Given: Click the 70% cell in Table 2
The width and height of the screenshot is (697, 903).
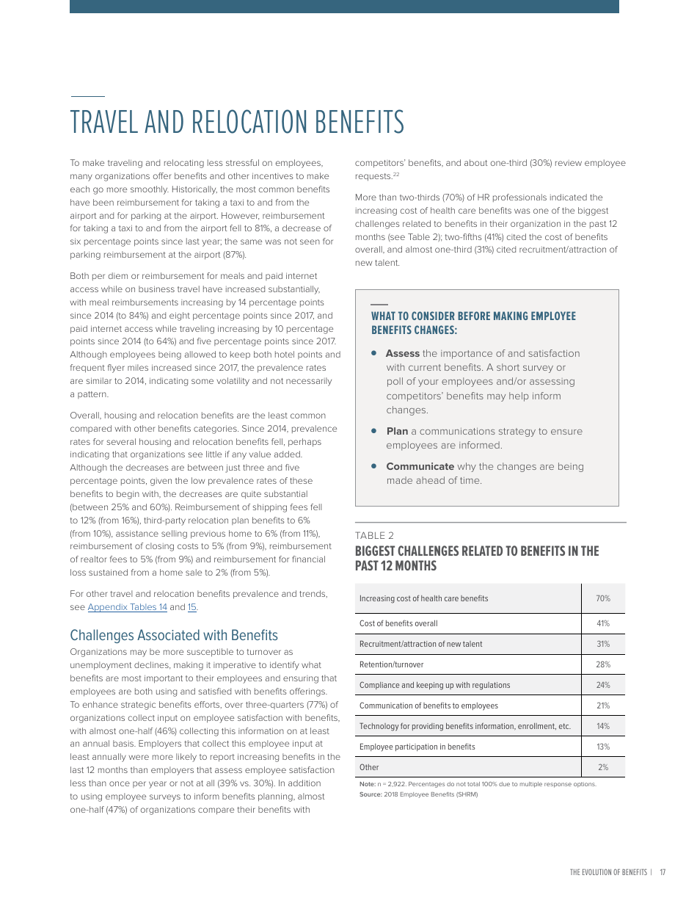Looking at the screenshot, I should coord(602,598).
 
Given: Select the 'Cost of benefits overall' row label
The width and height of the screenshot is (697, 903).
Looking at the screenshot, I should coord(398,623).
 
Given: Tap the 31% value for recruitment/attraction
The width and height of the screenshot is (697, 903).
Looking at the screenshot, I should coord(602,644).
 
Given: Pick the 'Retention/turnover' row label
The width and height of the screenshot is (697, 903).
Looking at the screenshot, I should coord(391,664).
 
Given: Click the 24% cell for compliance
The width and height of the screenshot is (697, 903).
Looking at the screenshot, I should coord(602,685).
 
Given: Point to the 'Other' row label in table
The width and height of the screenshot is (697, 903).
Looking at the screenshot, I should coord(369,767).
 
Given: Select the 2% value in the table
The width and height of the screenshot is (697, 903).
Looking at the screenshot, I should coord(603,767).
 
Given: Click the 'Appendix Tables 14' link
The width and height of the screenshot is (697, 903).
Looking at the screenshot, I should coord(127,607).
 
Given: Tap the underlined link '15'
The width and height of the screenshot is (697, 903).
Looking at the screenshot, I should coord(192,607).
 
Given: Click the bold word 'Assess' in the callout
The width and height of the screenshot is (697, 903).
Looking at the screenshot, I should coord(402,353).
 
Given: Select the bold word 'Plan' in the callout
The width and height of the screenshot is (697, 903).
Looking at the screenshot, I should coord(397,431).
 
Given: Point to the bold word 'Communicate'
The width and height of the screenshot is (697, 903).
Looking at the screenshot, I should coord(420,466).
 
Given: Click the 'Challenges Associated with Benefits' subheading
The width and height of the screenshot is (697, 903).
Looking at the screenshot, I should coord(174,635).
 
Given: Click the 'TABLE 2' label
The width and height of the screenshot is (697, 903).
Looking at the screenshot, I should coord(374,535).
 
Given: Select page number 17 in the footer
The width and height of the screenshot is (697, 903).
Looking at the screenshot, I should coord(663,872).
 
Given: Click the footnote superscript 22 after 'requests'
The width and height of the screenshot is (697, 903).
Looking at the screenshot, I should coord(396,175).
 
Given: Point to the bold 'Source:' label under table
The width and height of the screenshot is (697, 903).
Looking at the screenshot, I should coord(371,794).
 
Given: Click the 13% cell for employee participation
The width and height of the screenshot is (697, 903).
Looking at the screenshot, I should coord(602,747).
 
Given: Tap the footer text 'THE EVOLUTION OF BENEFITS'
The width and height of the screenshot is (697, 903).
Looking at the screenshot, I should coord(608,872).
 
